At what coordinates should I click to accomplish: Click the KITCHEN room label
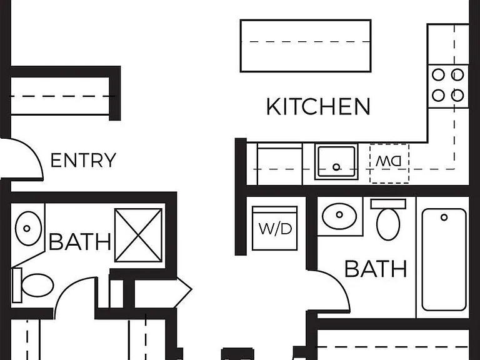point(318,106)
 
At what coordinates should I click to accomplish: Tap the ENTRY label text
point(83,160)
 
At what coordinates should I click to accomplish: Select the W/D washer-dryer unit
point(275,228)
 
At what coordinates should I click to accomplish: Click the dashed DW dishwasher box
point(389,164)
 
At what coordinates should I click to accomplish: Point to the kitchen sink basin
point(337,161)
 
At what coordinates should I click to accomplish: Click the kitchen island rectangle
point(306,46)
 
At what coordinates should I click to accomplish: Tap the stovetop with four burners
point(448,86)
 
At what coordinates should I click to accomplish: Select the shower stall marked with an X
point(138,235)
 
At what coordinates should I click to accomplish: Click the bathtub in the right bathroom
point(444,259)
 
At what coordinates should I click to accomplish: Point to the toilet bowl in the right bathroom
point(388,225)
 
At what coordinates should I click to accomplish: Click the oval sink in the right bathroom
point(339,215)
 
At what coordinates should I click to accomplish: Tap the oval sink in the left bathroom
point(28,228)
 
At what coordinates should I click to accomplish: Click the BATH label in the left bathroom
point(80,242)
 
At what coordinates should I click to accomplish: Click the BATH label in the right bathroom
point(376,269)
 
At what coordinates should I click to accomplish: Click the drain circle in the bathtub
point(444,217)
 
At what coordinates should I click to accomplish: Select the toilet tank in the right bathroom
point(388,204)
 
